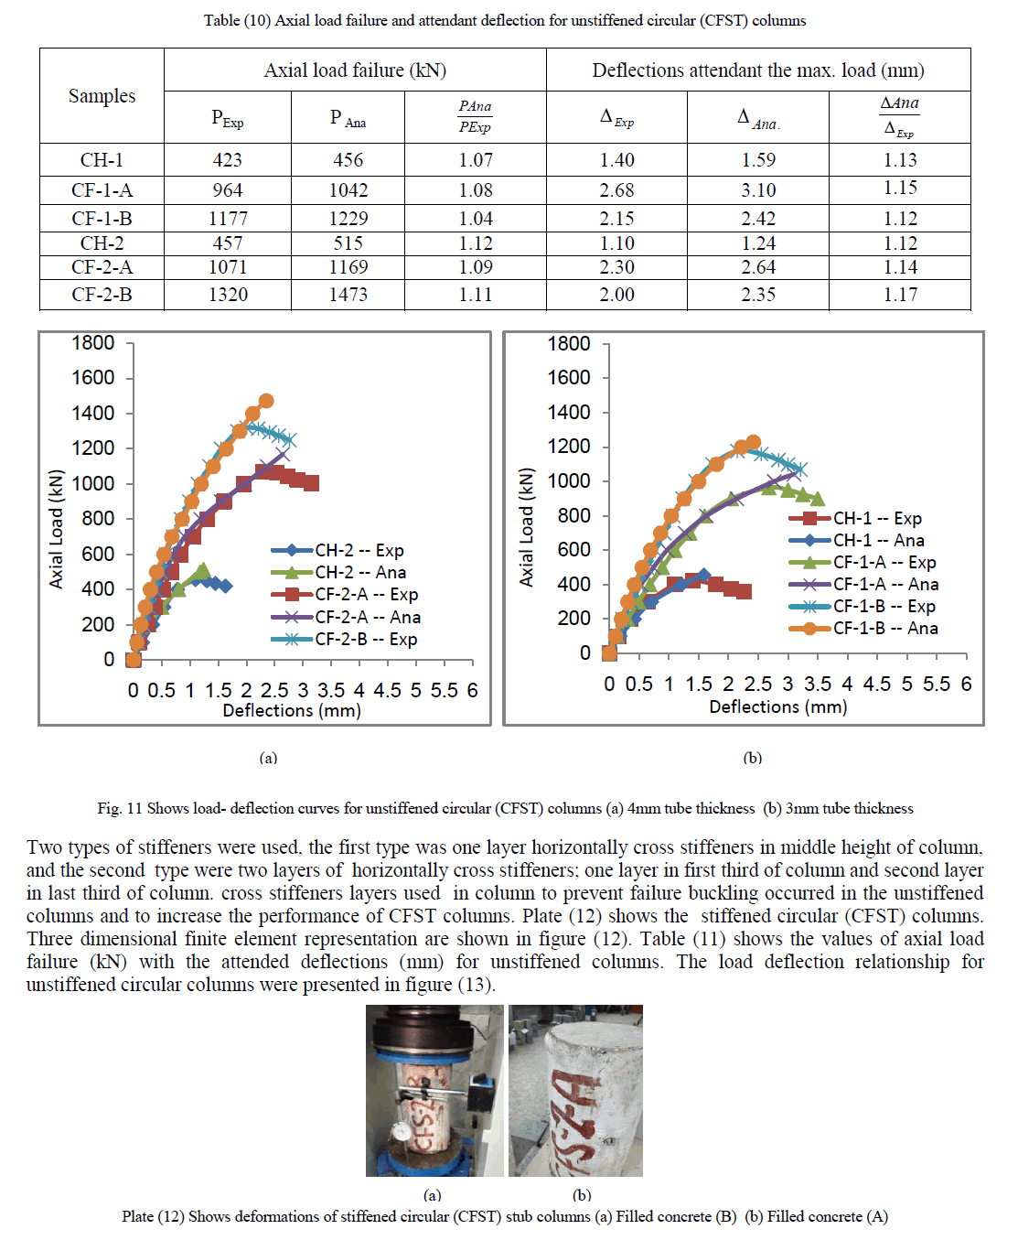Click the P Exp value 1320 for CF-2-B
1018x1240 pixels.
[228, 295]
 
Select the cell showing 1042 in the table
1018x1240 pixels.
[348, 190]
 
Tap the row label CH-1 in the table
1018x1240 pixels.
[102, 160]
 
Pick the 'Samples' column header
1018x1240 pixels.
[102, 96]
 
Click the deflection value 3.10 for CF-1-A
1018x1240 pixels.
[758, 190]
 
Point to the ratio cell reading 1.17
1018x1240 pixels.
[900, 295]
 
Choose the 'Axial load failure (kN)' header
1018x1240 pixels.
[355, 70]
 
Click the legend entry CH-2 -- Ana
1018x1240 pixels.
[360, 572]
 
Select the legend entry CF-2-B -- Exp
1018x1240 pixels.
[366, 639]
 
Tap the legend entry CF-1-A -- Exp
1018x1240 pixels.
[884, 562]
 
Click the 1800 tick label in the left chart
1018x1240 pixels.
[93, 343]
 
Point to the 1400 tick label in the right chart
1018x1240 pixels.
[569, 412]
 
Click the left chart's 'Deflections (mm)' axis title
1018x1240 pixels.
[292, 710]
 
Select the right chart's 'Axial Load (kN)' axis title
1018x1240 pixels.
[526, 527]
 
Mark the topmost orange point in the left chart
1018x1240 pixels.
[266, 401]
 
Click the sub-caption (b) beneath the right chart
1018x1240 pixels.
[752, 758]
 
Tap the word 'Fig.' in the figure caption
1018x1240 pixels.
[109, 808]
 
